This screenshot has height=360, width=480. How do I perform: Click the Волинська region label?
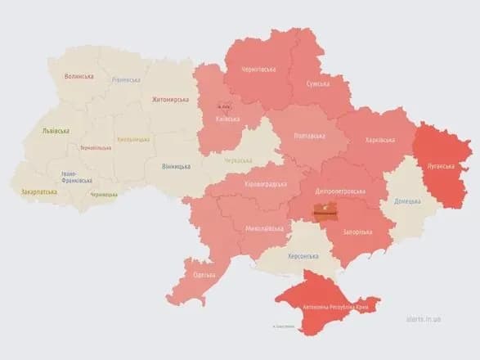click(79, 77)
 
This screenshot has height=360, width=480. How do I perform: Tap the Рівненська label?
click(126, 80)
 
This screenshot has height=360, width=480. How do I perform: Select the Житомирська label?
click(170, 101)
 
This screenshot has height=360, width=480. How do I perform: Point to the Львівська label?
click(56, 131)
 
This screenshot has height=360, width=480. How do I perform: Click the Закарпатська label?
click(39, 192)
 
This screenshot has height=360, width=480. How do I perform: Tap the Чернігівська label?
click(258, 70)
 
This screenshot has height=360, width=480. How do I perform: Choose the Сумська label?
click(318, 84)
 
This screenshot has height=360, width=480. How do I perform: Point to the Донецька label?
click(408, 201)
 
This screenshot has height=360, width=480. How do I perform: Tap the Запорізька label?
click(356, 232)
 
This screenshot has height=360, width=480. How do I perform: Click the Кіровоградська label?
click(266, 184)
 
